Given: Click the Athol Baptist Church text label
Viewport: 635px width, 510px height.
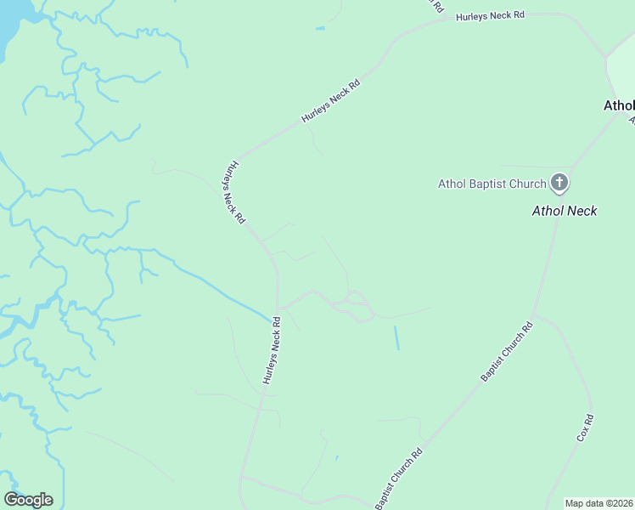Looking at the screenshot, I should coord(492,183).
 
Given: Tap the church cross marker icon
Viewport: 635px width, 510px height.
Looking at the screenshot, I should coord(559,182).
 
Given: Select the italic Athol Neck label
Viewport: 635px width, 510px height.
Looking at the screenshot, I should coord(564,211).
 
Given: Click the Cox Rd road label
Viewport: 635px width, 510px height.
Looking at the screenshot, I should coord(584,428).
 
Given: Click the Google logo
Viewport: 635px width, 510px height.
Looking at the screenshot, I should coord(28,500).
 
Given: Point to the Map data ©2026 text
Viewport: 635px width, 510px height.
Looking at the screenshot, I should coord(598,503).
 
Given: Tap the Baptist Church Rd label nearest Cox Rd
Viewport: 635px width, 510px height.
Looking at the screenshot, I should coord(506,351).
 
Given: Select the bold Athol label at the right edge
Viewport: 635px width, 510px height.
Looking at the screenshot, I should coord(618,106).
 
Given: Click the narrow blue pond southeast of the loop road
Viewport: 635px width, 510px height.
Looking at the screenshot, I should coord(396,337).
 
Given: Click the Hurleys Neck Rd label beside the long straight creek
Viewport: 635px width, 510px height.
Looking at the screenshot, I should coord(271,351).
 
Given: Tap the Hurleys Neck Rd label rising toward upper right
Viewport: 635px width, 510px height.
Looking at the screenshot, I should coord(331,102).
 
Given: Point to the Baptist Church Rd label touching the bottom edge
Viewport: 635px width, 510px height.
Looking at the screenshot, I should coord(399,480).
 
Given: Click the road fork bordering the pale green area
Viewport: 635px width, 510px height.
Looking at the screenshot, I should coord(605,58).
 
